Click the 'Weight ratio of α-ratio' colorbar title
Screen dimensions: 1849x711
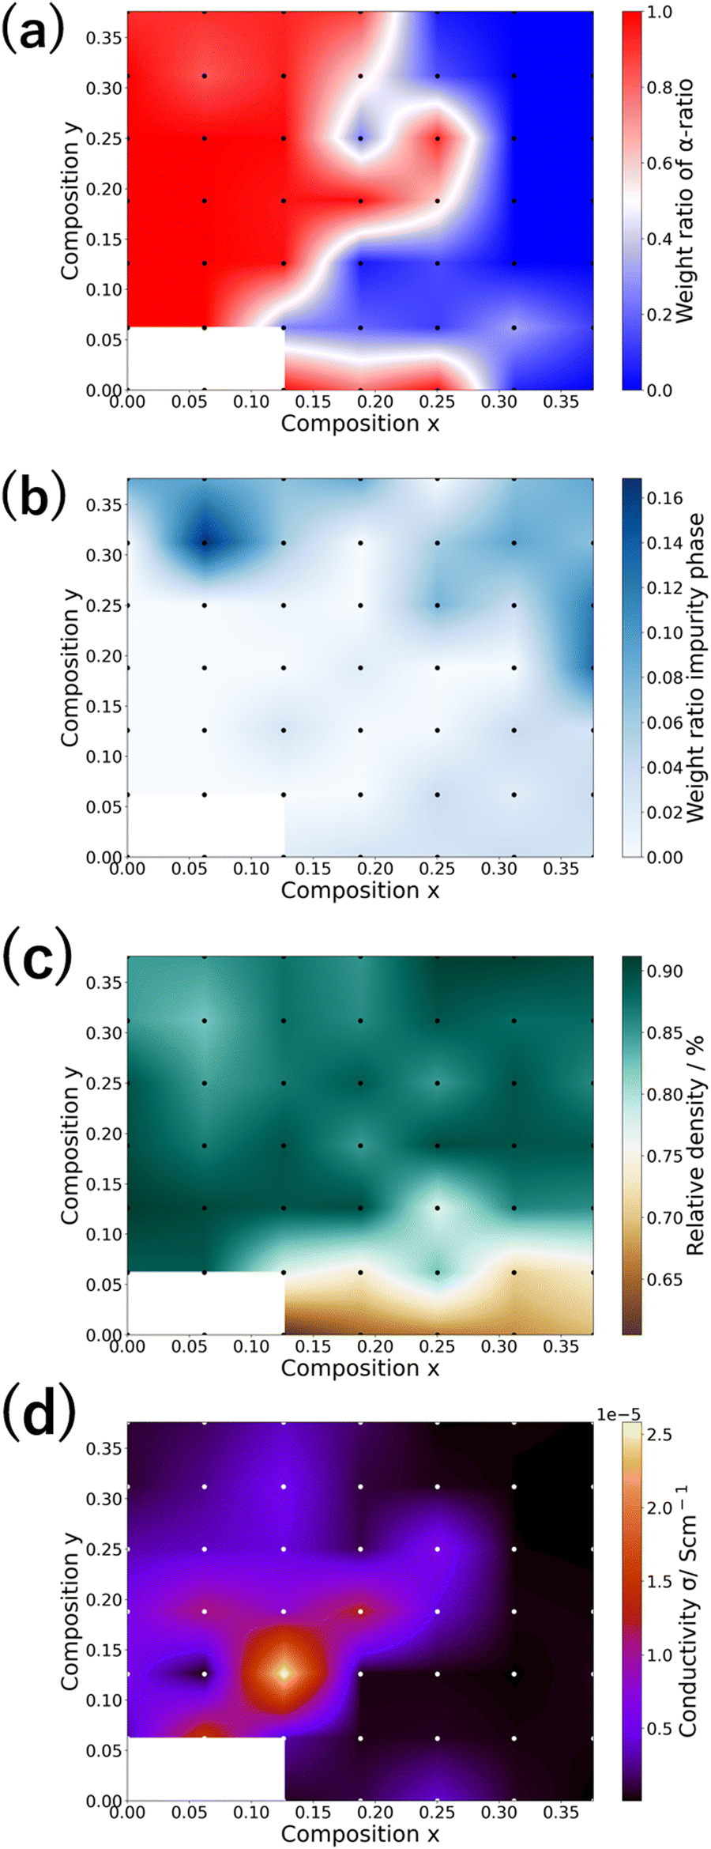click(x=684, y=200)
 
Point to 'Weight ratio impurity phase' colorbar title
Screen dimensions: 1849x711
click(x=694, y=668)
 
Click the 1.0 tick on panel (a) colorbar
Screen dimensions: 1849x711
click(x=659, y=13)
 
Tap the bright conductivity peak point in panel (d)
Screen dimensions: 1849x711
click(x=283, y=1674)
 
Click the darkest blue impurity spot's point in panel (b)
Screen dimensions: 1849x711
click(x=205, y=542)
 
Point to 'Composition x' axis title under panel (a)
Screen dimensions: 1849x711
click(x=359, y=424)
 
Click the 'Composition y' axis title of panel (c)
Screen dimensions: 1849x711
click(x=70, y=1146)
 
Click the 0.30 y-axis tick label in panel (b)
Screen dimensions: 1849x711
click(x=105, y=555)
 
